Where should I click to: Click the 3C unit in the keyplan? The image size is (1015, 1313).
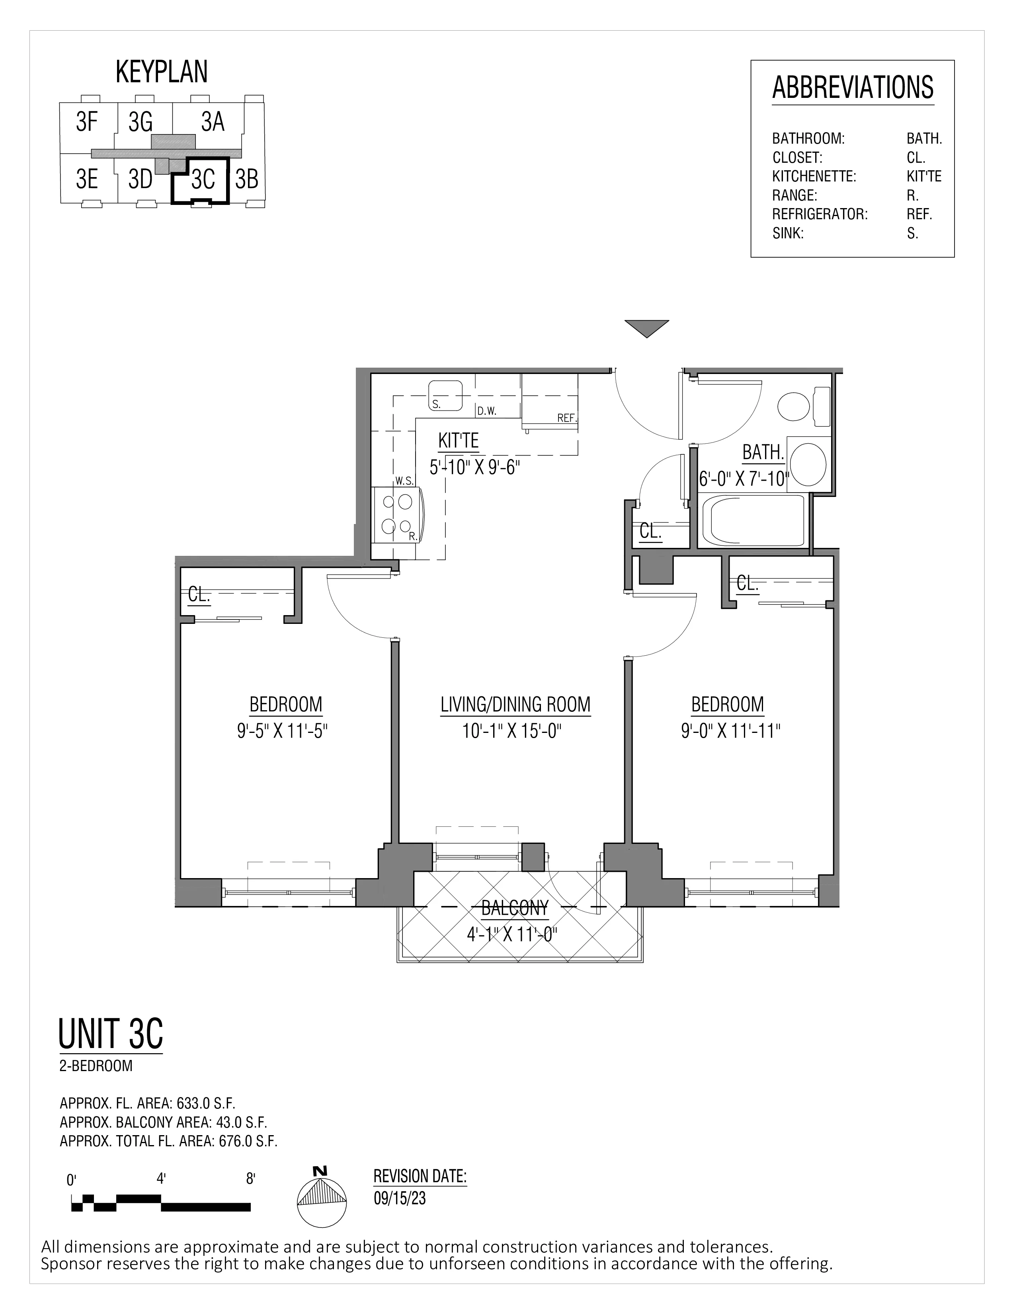pos(203,180)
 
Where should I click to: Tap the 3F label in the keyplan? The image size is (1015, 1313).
pos(87,122)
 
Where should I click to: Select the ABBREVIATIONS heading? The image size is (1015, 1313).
pos(852,88)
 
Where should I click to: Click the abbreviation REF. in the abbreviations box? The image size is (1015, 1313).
pos(919,214)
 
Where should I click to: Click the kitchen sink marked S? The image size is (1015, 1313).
pos(445,395)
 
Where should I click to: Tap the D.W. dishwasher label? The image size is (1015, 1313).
pos(486,412)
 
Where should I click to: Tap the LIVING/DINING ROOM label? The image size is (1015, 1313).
pos(515,705)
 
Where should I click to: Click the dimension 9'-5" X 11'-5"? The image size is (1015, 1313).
pos(282,731)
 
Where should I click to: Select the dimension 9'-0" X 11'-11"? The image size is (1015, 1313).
pos(730,731)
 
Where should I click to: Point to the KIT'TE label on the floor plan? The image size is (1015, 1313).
pos(458,441)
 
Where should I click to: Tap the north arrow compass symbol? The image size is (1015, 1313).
pos(322,1200)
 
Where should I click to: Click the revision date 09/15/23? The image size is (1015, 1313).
pos(400,1198)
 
